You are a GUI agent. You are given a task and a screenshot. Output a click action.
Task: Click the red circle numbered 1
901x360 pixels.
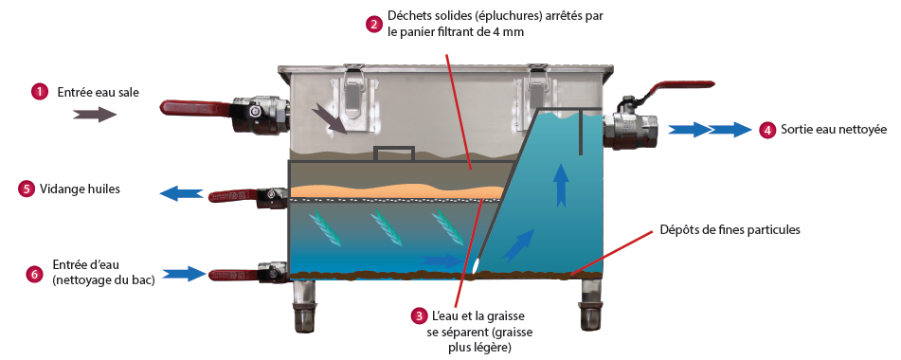coord(39,92)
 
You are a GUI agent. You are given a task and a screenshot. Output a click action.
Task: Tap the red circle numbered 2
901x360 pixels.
coord(374,24)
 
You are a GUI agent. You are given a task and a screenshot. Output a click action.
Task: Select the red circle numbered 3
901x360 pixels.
coord(419,315)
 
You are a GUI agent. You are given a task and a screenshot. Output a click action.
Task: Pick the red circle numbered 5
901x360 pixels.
coord(26,189)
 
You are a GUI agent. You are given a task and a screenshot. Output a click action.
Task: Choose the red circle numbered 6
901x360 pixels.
coord(34,275)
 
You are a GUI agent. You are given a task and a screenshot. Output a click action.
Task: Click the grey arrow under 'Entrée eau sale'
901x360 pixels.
coord(95,115)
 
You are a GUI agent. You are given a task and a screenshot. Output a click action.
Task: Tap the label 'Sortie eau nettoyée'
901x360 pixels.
coord(834,130)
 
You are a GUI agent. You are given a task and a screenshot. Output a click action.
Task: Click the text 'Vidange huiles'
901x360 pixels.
coord(80,189)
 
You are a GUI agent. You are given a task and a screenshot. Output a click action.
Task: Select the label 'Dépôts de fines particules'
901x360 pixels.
coord(730,229)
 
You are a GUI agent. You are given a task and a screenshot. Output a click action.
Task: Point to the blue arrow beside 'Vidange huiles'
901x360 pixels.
coord(181,194)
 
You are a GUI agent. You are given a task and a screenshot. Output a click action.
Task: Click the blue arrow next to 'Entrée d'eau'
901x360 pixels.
coord(184,274)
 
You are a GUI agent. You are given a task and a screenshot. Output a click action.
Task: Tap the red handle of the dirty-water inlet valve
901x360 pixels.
coord(196,108)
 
